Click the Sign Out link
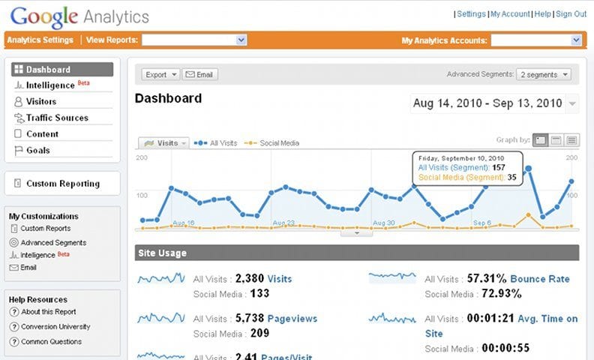point(571,14)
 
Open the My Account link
point(510,14)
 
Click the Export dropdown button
point(160,74)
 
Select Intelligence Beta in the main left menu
point(51,85)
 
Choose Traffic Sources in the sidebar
point(57,118)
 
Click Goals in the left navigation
point(37,150)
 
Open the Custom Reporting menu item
point(62,184)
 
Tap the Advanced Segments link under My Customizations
point(53,243)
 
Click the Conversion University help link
point(55,327)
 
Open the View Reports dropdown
point(194,40)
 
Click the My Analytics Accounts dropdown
point(536,40)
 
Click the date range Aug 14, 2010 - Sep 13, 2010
point(487,103)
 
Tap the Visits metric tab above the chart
point(163,142)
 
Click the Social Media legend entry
point(279,142)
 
